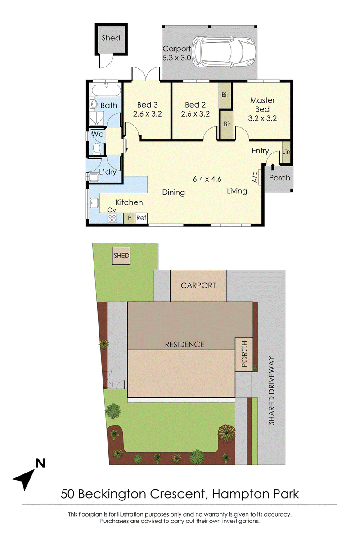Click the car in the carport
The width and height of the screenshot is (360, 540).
(224, 52)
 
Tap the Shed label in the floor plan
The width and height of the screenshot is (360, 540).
(111, 38)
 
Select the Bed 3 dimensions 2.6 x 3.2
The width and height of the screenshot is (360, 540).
(147, 113)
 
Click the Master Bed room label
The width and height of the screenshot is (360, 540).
(262, 104)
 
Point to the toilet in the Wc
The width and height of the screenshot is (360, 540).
(97, 148)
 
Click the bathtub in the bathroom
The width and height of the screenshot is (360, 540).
(106, 90)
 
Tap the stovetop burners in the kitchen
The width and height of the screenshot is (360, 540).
(112, 218)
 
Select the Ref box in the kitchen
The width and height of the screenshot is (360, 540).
(141, 218)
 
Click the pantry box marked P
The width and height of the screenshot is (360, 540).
(130, 218)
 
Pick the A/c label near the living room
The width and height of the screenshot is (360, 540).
(255, 177)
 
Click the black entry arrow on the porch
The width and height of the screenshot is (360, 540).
(273, 167)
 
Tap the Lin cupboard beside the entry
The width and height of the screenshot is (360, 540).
(286, 152)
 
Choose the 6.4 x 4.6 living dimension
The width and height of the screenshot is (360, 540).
(207, 179)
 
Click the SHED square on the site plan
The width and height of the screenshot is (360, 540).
(121, 256)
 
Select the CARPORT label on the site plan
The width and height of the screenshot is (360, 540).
(198, 285)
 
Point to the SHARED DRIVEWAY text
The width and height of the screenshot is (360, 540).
(271, 390)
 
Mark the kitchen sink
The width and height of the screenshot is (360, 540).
(94, 203)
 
